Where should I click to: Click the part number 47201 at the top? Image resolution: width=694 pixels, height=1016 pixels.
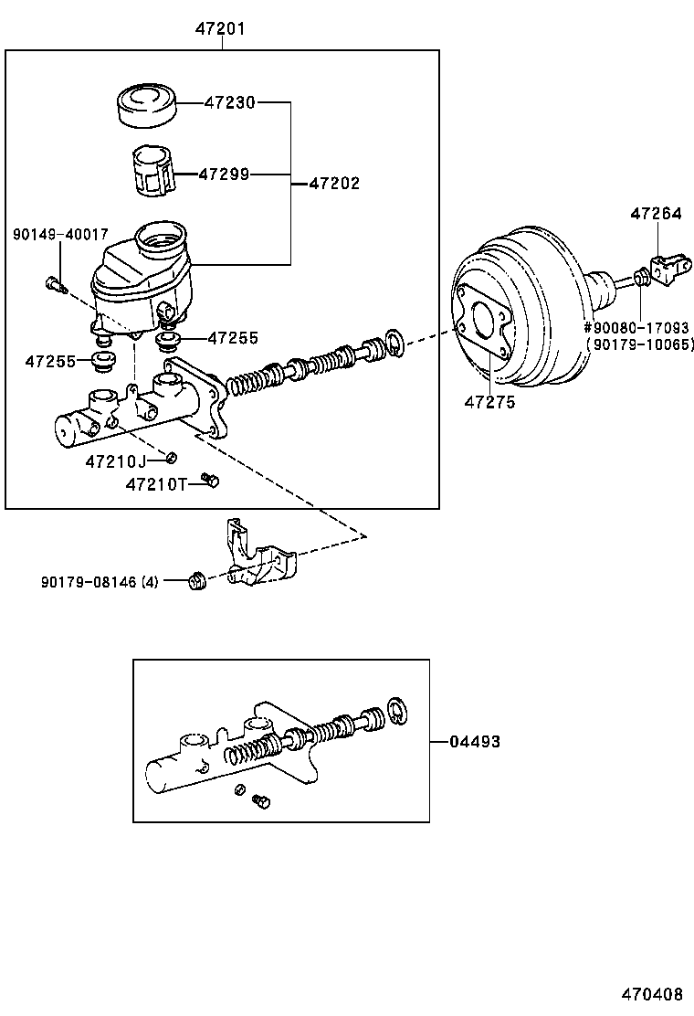pos(221,28)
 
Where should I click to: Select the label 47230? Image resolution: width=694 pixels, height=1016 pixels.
pos(230,102)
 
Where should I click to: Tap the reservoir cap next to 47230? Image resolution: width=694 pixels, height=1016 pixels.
pos(147,103)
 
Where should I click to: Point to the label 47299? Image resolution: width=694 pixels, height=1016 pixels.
pos(224,175)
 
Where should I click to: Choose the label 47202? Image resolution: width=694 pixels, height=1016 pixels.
pos(334,184)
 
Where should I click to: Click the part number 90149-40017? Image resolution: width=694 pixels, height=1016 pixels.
pos(61,235)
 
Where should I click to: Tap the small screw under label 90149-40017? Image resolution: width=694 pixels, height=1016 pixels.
pos(57,284)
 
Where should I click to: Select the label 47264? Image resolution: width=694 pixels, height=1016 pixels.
pos(656,213)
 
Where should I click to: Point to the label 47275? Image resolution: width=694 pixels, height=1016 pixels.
pos(490,402)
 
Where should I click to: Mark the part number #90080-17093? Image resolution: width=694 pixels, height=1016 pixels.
pos(636,328)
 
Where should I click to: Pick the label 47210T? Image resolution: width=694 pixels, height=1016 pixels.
pos(156,484)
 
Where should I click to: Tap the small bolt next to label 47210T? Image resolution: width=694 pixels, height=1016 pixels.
pos(210,481)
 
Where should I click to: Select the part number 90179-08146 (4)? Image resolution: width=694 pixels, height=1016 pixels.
pos(100,583)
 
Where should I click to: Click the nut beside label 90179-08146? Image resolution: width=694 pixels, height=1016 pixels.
pos(197,580)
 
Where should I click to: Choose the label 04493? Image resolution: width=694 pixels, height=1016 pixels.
pos(475,741)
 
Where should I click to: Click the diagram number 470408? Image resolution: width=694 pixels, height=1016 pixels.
pos(653,995)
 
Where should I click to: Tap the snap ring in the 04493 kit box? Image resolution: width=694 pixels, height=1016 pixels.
pos(397,711)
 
